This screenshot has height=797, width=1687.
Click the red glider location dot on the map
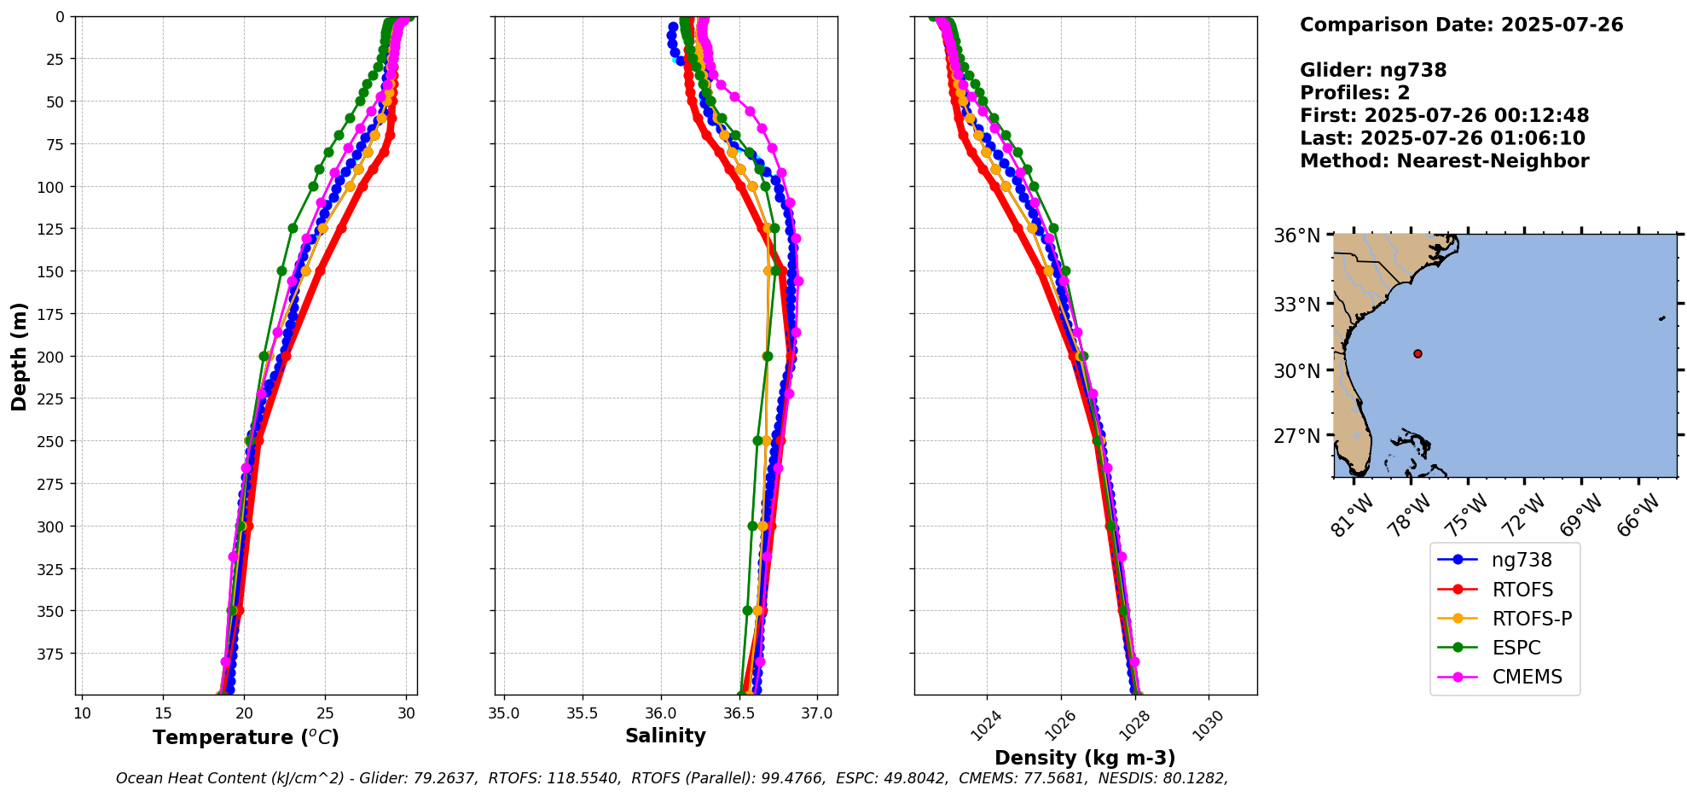1417,353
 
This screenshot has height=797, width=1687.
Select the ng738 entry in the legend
1522,560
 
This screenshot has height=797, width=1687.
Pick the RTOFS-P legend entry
1532,619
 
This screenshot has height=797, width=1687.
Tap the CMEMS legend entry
1527,677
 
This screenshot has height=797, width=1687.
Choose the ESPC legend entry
1516,648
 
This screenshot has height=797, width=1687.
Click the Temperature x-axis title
246,737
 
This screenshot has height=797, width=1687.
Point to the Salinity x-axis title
665,736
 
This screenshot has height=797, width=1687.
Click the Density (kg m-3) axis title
1085,758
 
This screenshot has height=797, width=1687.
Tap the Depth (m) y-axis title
19,356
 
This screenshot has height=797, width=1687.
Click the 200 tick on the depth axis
53,356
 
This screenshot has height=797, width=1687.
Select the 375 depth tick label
53,654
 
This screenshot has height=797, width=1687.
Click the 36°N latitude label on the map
1296,236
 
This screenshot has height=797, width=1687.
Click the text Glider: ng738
1373,70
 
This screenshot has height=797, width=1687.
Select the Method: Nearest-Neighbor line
1444,161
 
